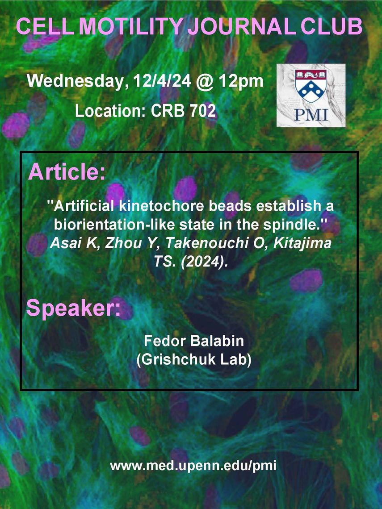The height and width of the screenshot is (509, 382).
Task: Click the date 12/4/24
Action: point(162,81)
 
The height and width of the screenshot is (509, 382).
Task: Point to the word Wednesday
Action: point(76,81)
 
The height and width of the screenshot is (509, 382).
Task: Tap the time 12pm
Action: point(241,81)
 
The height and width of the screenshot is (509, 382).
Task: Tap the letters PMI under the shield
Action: point(311,115)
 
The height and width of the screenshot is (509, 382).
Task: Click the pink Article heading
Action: point(67,172)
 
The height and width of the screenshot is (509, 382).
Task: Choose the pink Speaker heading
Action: point(73,309)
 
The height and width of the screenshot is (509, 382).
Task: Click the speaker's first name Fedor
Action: point(165,341)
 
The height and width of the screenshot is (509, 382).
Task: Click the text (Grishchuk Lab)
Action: point(194,360)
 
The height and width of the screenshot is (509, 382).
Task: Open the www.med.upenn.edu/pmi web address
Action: point(193,466)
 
